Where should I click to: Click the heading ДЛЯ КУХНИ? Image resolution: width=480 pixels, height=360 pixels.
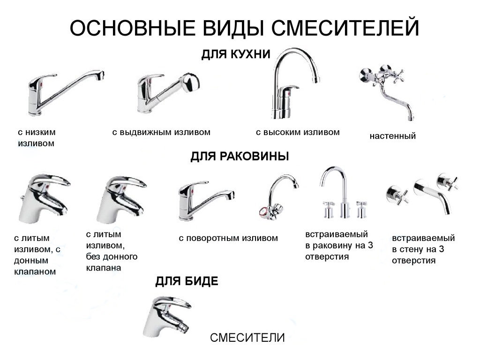pos(236,54)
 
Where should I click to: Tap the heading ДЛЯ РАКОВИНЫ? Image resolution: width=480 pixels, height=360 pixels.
pos(240,156)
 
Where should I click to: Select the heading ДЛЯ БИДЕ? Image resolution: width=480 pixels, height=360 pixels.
pos(187,281)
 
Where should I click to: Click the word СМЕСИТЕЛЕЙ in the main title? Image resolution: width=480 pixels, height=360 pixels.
pos(345,28)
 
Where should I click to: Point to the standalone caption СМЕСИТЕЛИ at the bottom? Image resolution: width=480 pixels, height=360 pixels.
pos(247,337)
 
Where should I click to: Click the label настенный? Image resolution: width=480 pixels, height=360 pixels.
pos(393,135)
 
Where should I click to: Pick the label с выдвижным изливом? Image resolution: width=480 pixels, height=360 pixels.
pos(161,132)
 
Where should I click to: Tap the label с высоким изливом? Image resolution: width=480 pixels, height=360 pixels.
pos(298,132)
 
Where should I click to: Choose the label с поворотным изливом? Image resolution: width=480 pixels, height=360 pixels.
pos(228,238)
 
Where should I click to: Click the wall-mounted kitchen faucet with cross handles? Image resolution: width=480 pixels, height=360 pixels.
pos(386,90)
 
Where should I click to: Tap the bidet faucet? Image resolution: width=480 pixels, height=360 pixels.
pos(167,316)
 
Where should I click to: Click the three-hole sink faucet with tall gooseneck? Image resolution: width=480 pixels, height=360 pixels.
pos(344,192)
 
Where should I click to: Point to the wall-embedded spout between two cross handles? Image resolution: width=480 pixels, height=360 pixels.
pos(432,195)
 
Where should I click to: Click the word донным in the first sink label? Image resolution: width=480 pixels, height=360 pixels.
pos(31,261)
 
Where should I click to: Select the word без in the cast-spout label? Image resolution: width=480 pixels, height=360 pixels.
pos(92,256)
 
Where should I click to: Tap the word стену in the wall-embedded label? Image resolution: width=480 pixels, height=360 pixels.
pos(412,249)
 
